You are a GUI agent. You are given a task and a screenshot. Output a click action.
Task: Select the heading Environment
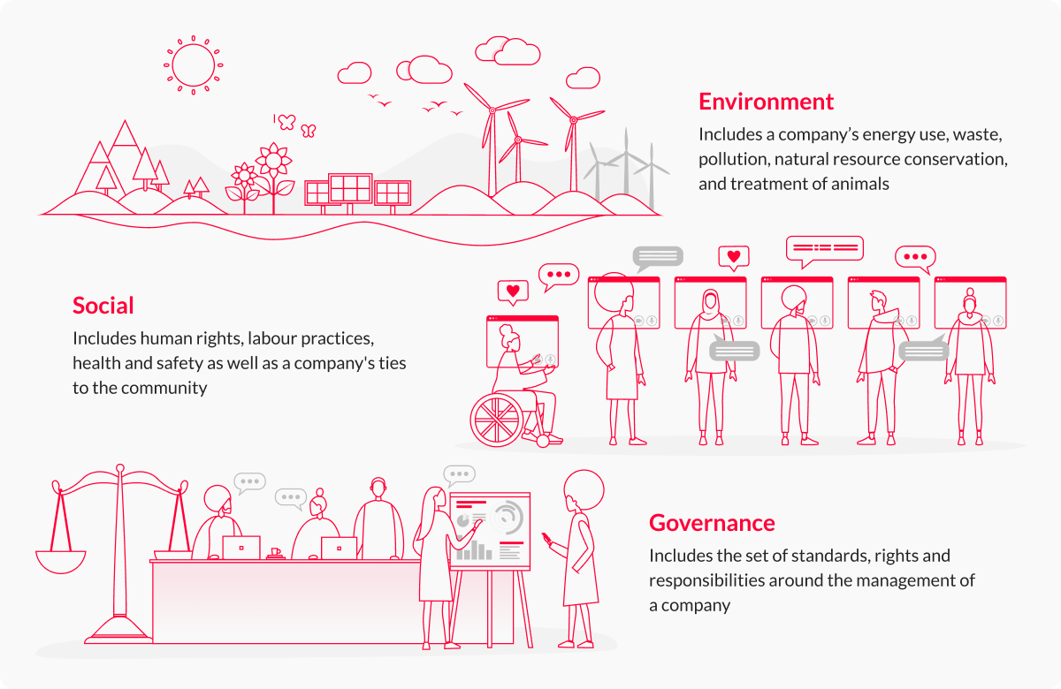point(766,102)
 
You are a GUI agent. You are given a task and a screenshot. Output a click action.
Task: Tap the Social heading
point(103,306)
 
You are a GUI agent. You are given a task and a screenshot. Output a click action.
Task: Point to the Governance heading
point(712,523)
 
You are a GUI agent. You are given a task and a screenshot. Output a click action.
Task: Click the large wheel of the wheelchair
point(497,420)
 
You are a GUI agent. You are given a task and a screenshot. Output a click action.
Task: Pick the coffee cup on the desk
point(275,553)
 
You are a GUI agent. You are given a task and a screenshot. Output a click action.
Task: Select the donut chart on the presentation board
point(508,516)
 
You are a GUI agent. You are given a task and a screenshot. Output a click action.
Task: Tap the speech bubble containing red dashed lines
point(824,248)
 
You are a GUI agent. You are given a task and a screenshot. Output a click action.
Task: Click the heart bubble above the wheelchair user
point(513,290)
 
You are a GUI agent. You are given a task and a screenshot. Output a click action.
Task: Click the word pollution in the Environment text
point(733,160)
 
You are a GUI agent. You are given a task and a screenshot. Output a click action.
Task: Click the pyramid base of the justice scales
point(120,625)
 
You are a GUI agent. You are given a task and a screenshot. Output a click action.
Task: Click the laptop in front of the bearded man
point(241,548)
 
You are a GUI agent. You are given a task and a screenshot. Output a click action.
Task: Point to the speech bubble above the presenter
point(459,475)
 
